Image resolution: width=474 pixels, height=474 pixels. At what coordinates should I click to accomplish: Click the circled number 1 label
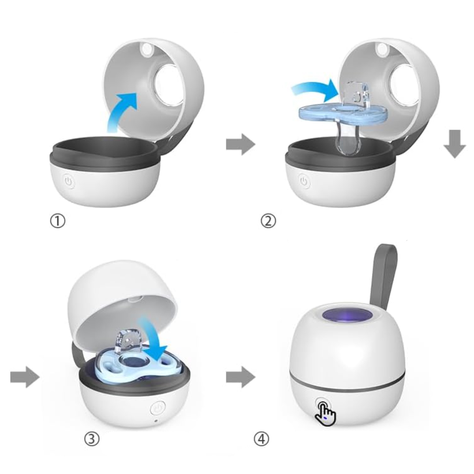pos(58,221)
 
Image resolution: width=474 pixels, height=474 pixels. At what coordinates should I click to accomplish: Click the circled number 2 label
pos(268,221)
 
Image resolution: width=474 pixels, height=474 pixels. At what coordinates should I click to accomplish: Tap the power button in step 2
pos(305,181)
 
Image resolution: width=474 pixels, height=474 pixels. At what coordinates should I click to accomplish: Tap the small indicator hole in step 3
pos(156,414)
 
